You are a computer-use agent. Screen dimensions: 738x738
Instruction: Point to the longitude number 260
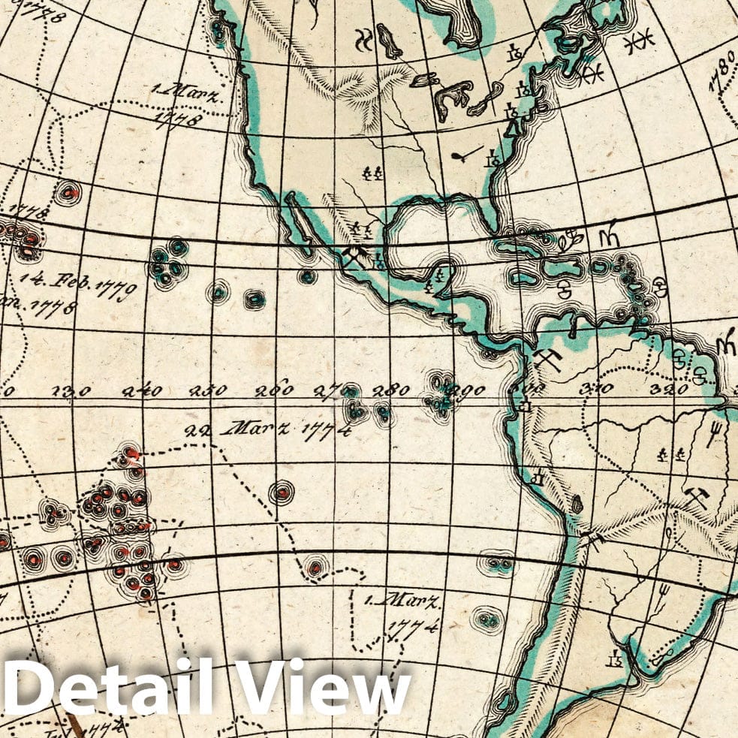pos(274,390)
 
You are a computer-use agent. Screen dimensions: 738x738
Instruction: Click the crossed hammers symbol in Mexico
pos(353,258)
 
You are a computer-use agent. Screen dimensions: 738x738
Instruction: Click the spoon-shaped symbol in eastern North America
pos(466,155)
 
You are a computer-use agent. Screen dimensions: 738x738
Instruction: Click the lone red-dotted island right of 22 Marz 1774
pos(282,493)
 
